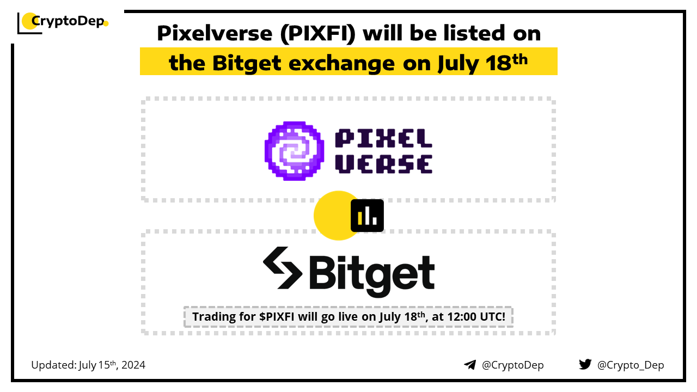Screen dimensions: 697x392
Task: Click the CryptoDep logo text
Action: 68,21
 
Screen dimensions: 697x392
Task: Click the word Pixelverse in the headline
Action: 215,33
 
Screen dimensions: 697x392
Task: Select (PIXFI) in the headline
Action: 317,34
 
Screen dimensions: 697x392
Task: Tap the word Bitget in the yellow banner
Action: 247,64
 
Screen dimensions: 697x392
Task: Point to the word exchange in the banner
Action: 341,64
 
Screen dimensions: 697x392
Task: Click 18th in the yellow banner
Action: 506,62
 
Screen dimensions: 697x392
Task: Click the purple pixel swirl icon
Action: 294,151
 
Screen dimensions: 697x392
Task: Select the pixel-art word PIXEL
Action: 383,138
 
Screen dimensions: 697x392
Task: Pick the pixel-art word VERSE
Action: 383,164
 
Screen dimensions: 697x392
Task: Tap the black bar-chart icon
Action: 367,216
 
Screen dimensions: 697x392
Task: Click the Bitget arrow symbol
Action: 283,268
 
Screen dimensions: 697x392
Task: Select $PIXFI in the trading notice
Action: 277,317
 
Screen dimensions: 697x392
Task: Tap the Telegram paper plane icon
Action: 470,365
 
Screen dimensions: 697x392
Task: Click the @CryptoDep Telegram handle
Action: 512,365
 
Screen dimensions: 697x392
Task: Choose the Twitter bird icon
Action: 585,364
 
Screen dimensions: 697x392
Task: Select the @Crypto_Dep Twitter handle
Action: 631,365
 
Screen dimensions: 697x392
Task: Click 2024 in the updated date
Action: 133,365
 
